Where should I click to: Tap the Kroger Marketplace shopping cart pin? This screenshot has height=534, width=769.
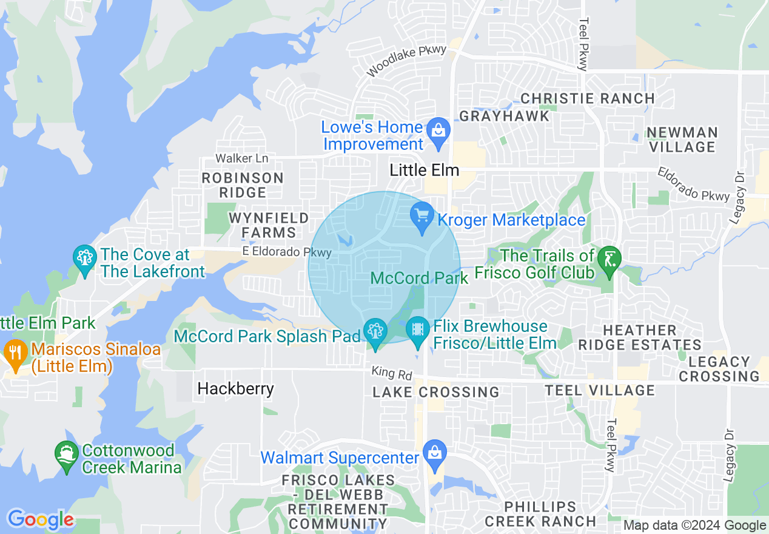[x=421, y=215]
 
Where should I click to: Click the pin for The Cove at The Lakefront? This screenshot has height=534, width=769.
[x=84, y=259]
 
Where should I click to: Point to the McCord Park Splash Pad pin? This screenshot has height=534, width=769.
[x=375, y=331]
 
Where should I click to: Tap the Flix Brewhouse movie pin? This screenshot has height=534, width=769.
[x=417, y=330]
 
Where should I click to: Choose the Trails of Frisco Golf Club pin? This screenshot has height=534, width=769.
[x=609, y=259]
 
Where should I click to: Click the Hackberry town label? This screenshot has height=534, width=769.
[x=235, y=388]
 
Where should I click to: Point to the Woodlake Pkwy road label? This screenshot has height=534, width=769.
[x=406, y=61]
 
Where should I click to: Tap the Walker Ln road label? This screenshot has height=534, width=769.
[x=241, y=158]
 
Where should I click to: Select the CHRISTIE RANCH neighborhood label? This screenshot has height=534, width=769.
[x=587, y=98]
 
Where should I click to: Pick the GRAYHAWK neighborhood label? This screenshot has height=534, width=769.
[x=504, y=116]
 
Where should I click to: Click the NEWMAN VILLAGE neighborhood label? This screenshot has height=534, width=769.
[x=682, y=140]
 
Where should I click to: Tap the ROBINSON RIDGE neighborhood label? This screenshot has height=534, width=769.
[x=243, y=185]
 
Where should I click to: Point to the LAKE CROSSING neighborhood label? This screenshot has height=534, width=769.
[x=435, y=392]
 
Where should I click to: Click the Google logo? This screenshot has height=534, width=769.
[x=40, y=519]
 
